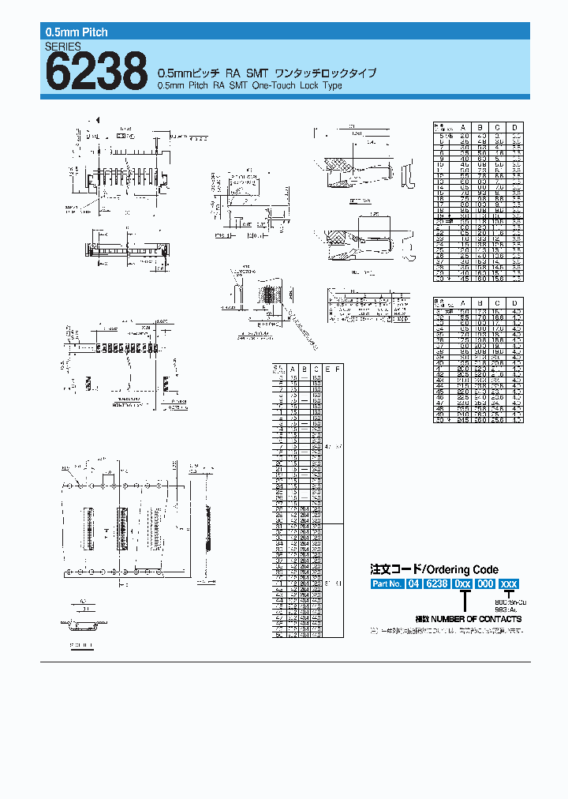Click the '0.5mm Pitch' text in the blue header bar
coord(75,32)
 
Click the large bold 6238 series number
coord(96,72)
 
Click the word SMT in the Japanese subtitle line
coord(252,73)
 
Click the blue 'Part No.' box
coord(387,584)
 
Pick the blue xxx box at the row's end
coord(510,584)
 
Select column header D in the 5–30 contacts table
coord(514,126)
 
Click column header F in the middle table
coord(338,369)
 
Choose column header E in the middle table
coord(327,369)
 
